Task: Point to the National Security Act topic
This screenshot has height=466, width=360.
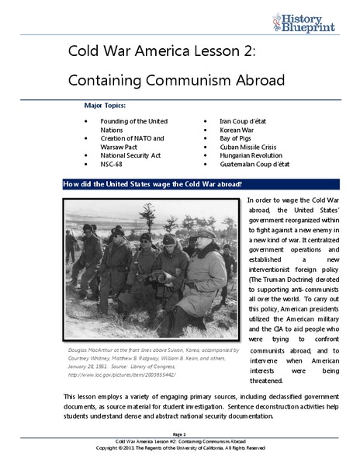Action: (x=131, y=155)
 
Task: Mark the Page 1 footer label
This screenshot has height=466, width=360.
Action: (x=179, y=433)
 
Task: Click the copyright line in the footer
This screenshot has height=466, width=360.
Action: (x=179, y=447)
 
